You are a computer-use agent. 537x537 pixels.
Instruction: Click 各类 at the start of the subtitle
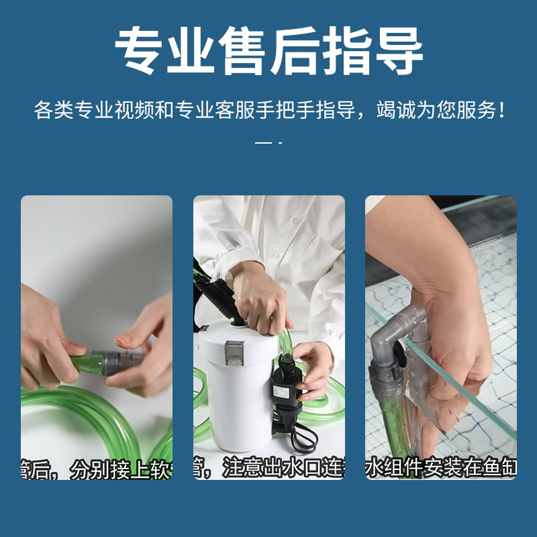tap(52, 110)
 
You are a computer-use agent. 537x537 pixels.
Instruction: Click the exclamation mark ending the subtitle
tap(501, 110)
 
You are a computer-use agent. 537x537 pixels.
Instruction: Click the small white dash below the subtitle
tap(264, 143)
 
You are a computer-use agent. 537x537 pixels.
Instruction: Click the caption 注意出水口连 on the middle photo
tap(282, 468)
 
